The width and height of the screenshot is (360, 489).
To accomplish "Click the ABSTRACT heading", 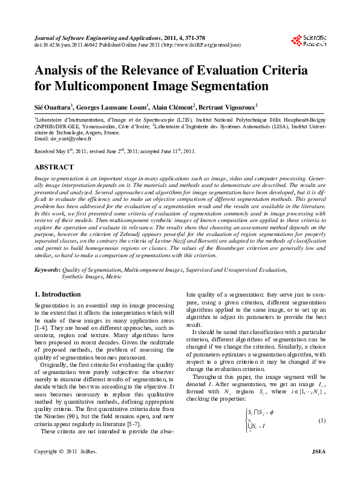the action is click(x=54, y=166).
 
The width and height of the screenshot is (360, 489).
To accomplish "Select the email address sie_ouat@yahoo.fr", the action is click(x=66, y=139).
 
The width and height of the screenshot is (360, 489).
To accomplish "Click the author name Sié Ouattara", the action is click(x=53, y=107).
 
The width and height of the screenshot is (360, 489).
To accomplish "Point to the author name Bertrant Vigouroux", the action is click(x=225, y=107).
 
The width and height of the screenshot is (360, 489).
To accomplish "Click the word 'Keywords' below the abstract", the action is click(x=47, y=268).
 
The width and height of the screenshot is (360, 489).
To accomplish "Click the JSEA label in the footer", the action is click(x=318, y=469).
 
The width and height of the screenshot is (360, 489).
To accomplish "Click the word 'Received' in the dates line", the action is click(x=45, y=151).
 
